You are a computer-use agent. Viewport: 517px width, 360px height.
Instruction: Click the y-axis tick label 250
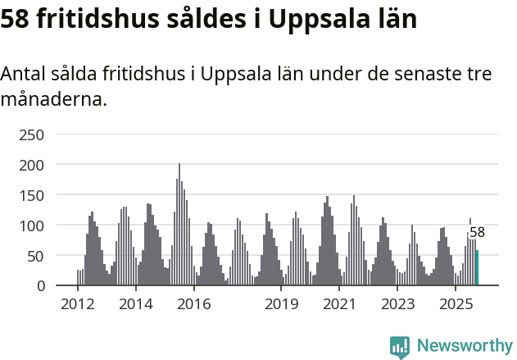click(32, 134)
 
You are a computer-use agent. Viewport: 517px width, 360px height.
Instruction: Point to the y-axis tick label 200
click(32, 165)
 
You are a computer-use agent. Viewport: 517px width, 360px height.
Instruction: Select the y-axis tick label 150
click(32, 195)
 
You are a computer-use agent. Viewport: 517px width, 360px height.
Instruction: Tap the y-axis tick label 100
click(32, 226)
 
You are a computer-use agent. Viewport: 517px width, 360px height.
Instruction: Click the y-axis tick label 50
click(36, 256)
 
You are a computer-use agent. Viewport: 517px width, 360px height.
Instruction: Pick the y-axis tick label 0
click(40, 286)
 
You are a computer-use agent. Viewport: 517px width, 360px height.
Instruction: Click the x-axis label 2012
click(78, 304)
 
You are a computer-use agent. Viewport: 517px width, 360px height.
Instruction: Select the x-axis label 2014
click(136, 304)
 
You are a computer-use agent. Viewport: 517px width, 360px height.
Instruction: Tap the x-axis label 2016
click(194, 304)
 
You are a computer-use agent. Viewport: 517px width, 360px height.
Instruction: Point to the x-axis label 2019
click(282, 304)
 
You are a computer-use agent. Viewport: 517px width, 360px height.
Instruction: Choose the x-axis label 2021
click(340, 304)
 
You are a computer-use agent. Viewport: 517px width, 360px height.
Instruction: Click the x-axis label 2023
click(398, 304)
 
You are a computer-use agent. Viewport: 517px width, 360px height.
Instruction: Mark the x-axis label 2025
click(456, 304)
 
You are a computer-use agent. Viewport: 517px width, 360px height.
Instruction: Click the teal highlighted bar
click(477, 268)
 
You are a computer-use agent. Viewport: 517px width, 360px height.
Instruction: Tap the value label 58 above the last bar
click(477, 233)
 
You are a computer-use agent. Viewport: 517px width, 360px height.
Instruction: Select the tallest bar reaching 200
click(179, 226)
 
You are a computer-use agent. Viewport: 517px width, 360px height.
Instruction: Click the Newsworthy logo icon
click(400, 347)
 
